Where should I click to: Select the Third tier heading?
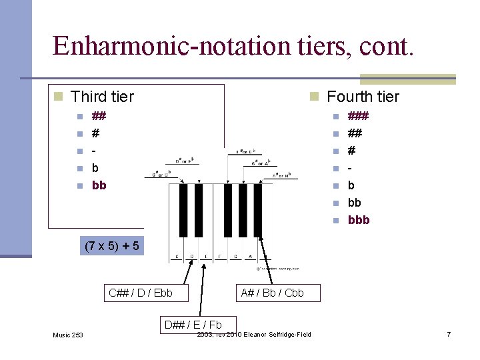coord(102,97)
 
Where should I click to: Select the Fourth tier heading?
coord(363,97)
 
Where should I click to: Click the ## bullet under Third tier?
coord(99,116)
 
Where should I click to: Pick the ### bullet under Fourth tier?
coord(358,116)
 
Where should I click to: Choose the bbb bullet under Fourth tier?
coord(358,220)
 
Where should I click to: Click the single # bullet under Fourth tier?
coord(352,151)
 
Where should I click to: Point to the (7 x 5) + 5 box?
coord(111,246)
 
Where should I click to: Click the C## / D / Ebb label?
coord(140,292)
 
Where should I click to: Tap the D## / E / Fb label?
coord(192,325)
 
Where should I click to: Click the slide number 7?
coord(449,333)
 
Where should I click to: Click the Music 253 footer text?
coord(69,334)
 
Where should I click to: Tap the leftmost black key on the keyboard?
coord(183,209)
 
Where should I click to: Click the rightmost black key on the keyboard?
coord(257,209)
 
